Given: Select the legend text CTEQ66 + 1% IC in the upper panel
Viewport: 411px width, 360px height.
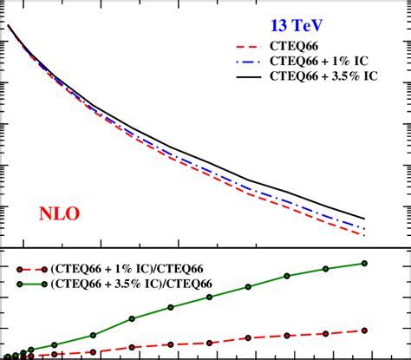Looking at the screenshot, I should coord(332,62).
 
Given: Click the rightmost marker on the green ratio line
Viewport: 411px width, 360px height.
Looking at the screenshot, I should coord(364,263).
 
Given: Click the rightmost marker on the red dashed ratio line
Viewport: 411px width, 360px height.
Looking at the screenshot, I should coord(364,330).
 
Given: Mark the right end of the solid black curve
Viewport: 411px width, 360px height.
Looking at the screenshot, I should coord(364,218).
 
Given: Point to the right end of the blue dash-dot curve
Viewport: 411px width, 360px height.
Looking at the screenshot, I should coord(364,228).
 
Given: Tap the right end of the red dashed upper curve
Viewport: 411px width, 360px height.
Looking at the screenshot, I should coord(364,235).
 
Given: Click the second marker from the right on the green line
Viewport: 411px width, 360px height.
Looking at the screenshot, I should coord(326,269).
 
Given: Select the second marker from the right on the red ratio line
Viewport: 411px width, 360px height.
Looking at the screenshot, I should coord(326,333).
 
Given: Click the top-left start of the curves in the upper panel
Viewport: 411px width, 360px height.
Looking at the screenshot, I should coord(9,26).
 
